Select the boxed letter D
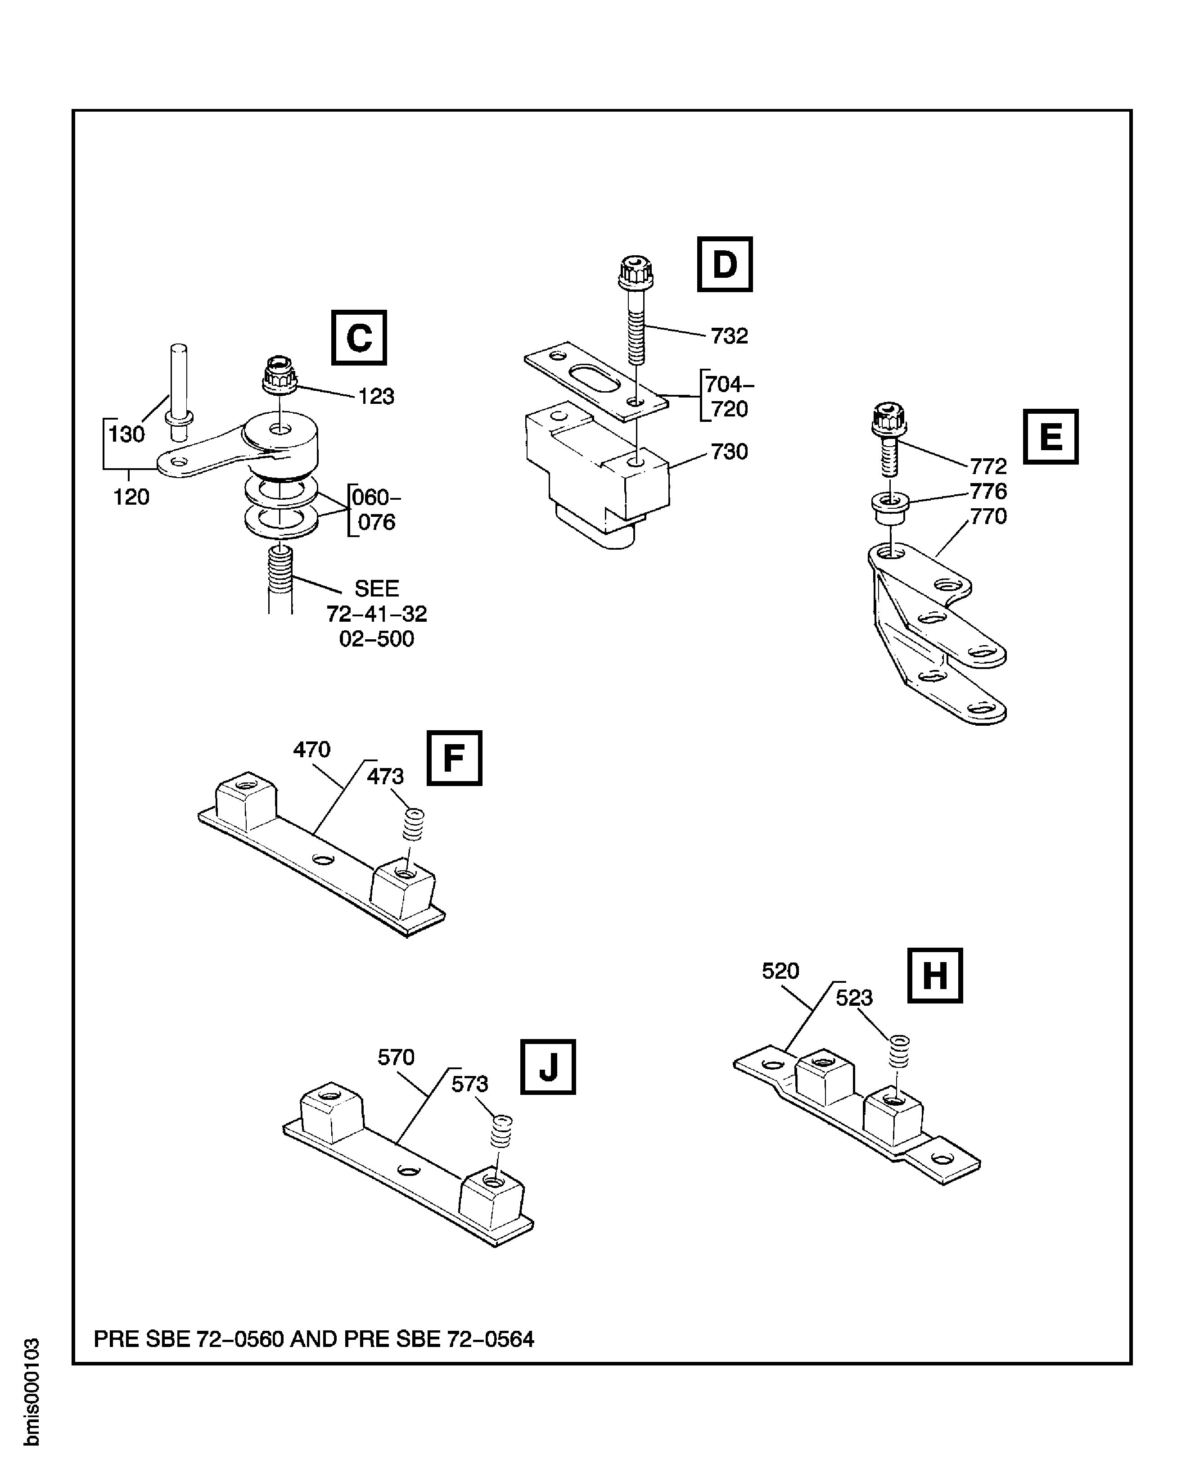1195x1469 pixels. (x=724, y=264)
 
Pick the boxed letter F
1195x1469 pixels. (x=454, y=758)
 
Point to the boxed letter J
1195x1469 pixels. (x=547, y=1067)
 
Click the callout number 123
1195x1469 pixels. (x=376, y=397)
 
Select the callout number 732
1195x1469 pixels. (x=729, y=336)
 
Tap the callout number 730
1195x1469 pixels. (x=729, y=452)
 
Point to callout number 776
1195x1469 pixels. (x=988, y=492)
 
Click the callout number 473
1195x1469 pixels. (x=385, y=777)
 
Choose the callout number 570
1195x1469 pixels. (x=396, y=1057)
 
